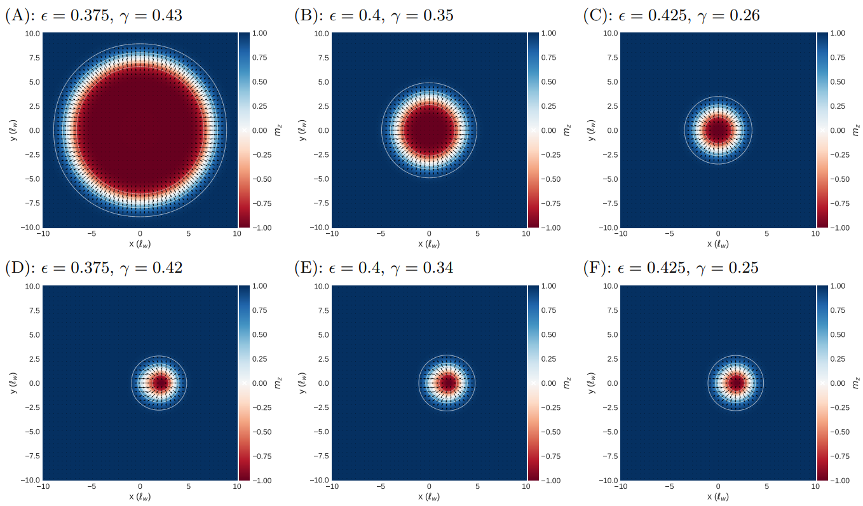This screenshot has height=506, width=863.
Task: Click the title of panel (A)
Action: click(x=93, y=15)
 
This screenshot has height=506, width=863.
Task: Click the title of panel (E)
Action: click(x=374, y=268)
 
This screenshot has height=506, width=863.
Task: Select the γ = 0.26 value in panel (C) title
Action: click(x=731, y=15)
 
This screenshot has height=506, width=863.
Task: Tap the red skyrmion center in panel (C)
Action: click(x=718, y=130)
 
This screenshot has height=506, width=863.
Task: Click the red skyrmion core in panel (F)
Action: click(x=737, y=383)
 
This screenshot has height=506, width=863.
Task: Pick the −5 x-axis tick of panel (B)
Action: click(x=380, y=234)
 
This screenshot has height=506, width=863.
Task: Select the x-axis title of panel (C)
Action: click(x=718, y=244)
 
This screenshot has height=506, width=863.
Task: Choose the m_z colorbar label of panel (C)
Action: click(x=855, y=130)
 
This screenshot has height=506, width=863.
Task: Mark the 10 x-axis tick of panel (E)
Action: click(x=526, y=486)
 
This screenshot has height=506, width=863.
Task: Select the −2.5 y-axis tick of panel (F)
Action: click(x=608, y=407)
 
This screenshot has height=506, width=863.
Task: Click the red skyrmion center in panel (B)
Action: click(x=429, y=130)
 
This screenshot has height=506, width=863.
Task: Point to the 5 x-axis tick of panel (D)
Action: click(x=189, y=486)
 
